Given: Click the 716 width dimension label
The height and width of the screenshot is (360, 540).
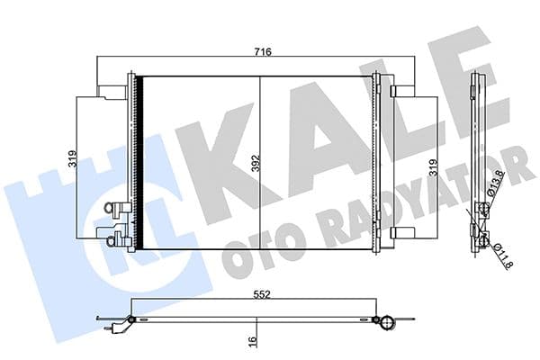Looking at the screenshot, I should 261,52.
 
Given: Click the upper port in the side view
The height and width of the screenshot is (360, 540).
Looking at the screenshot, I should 483,211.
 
